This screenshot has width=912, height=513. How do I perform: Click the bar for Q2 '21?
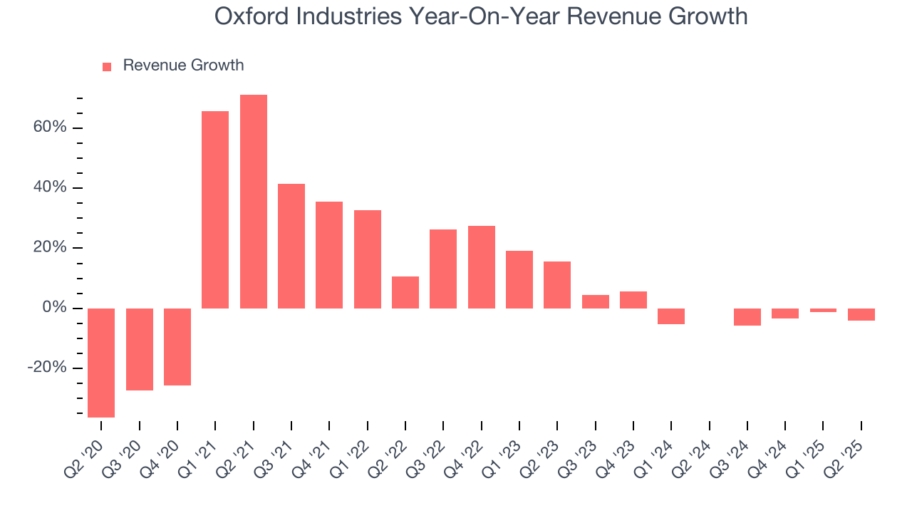(254, 202)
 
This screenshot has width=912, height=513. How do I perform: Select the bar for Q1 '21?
(215, 209)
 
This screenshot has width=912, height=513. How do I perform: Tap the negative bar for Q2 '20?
(101, 363)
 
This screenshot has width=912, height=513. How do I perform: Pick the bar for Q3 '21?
(291, 246)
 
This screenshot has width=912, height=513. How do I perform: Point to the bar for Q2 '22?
(405, 292)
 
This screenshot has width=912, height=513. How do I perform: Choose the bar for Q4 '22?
(482, 267)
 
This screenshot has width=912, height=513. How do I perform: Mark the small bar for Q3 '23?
(596, 301)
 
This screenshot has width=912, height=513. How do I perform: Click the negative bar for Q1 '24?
(671, 316)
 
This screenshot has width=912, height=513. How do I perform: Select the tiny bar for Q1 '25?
(823, 311)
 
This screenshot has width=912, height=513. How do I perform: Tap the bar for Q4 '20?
(177, 347)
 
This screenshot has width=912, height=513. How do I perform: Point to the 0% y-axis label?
(54, 308)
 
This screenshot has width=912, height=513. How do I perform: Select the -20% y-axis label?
(47, 368)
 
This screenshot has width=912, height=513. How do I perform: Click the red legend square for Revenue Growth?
(107, 67)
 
